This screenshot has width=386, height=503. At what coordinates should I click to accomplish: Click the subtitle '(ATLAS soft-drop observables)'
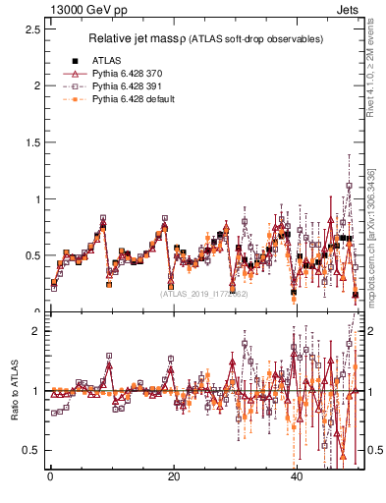coord(252,39)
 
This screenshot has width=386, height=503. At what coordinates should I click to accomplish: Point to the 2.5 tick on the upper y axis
coord(32,28)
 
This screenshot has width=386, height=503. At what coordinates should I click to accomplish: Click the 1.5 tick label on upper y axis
coord(32,141)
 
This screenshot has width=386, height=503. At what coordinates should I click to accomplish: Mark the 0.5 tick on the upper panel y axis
coord(32,255)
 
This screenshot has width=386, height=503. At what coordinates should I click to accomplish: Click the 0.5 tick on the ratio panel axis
coord(32,450)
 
